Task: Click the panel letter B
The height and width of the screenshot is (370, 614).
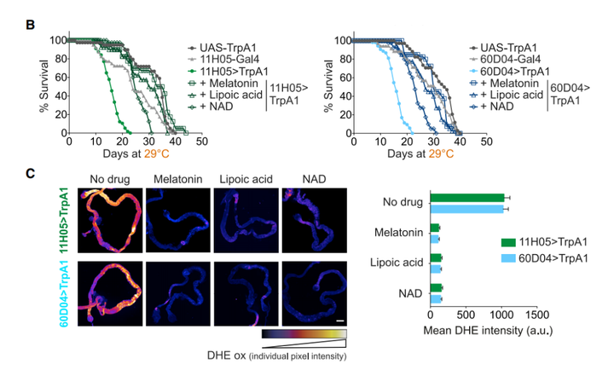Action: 30,26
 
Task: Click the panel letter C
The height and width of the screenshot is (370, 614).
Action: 30,173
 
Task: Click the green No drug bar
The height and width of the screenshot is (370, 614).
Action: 467,198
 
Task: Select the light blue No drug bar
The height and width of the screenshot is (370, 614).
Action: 467,207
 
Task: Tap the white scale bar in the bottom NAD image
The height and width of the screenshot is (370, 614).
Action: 339,321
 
